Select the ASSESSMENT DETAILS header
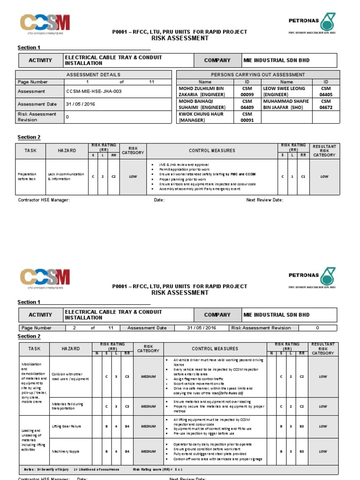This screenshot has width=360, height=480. tap(93, 75)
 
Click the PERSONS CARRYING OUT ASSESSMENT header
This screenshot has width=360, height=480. tap(258, 75)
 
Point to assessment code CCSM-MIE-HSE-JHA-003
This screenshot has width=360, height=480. tap(94, 91)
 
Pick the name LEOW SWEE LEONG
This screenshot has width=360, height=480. tap(284, 91)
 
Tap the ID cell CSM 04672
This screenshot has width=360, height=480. tap(326, 104)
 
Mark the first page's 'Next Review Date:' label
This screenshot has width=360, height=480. tap(264, 200)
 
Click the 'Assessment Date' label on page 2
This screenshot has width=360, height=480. tap(147, 328)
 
